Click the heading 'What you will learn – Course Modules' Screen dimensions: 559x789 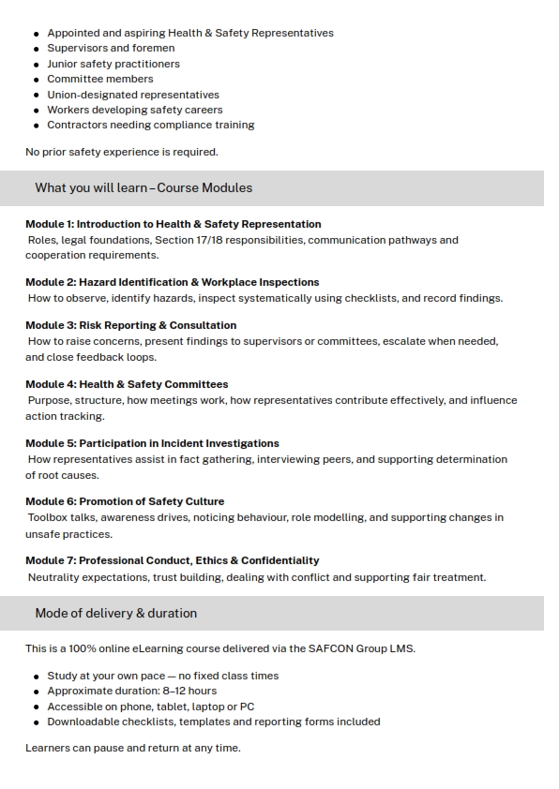[x=144, y=187]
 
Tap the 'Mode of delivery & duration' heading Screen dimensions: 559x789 [x=115, y=613]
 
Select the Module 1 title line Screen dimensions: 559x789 [x=173, y=224]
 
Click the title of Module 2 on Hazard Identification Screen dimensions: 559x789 [x=172, y=282]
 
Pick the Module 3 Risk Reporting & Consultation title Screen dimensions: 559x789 [x=130, y=325]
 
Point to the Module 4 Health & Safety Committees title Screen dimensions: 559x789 [x=127, y=384]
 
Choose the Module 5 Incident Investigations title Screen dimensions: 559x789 [x=152, y=443]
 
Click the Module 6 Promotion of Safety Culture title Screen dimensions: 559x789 [x=125, y=501]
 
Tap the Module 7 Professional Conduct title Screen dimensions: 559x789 [x=172, y=560]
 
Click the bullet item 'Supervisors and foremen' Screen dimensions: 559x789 [x=111, y=48]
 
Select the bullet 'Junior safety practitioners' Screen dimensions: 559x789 [x=113, y=64]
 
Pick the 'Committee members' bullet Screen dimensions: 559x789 [x=100, y=79]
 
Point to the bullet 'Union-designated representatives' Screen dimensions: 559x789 [x=133, y=95]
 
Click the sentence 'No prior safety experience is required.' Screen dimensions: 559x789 [x=121, y=152]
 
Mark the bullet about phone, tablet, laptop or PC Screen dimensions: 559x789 [x=151, y=707]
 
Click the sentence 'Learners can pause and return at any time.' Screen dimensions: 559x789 [x=132, y=748]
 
